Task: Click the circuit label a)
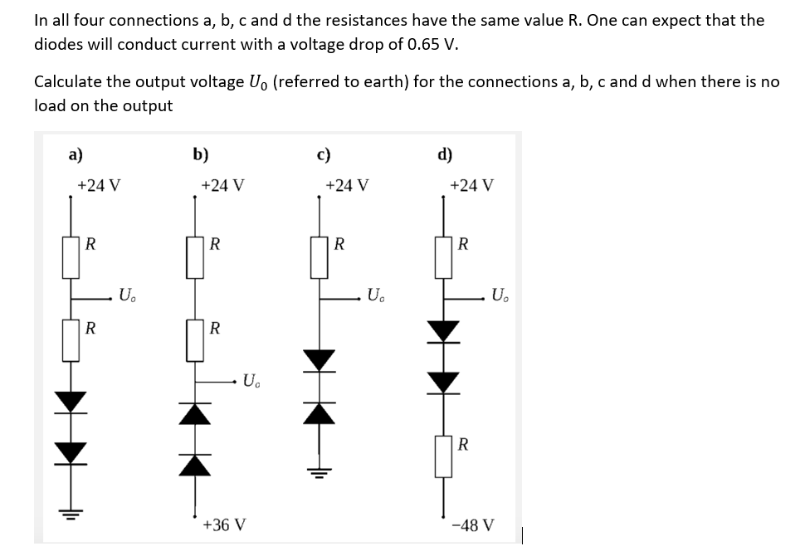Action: pyautogui.click(x=75, y=154)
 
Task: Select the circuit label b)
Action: pyautogui.click(x=200, y=154)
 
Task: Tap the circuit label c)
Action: pyautogui.click(x=324, y=154)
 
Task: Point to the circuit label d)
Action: pyautogui.click(x=445, y=154)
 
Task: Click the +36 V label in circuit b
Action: pyautogui.click(x=223, y=525)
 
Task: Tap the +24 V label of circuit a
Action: pyautogui.click(x=99, y=185)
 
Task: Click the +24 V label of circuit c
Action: pyautogui.click(x=348, y=185)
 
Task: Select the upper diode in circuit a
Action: pyautogui.click(x=71, y=402)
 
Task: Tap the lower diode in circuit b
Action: pyautogui.click(x=195, y=461)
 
